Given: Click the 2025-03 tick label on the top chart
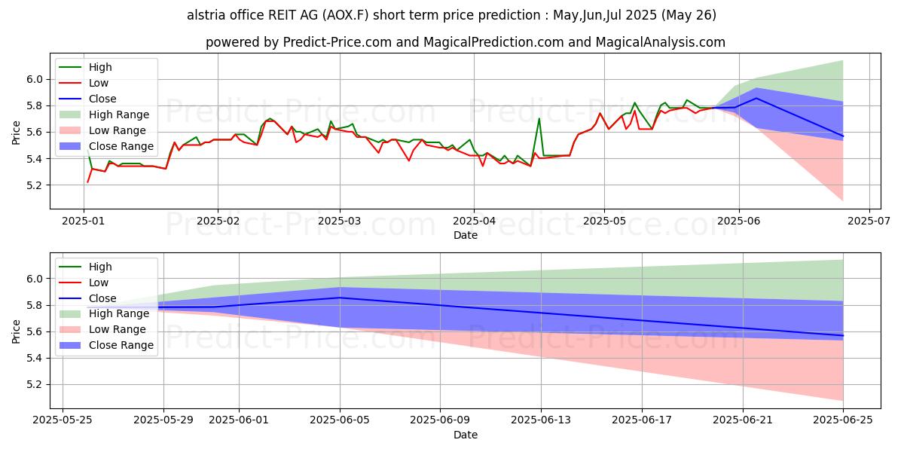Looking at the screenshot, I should click(339, 222).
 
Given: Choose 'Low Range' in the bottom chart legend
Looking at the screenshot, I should click(118, 329).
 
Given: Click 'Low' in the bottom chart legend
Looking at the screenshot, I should click(99, 282).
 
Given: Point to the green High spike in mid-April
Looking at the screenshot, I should click(539, 118).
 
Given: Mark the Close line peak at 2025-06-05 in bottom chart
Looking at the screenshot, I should click(340, 298).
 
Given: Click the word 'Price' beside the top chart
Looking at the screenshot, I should click(17, 132).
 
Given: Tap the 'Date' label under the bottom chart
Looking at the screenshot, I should click(465, 435).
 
